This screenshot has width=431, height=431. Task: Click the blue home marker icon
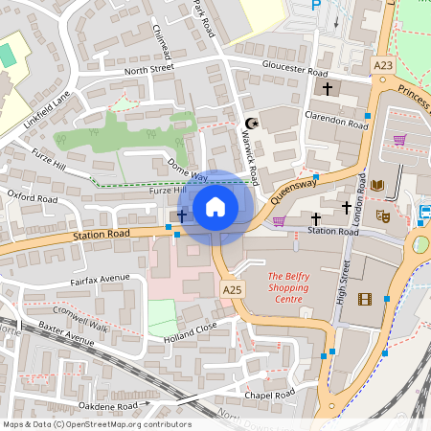pos(215,206)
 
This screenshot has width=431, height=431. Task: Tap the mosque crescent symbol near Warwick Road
pos(253,123)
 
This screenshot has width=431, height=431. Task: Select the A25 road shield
pos(233,288)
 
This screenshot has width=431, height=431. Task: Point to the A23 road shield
pos(382,65)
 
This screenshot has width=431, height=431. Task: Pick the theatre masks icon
pos(381,216)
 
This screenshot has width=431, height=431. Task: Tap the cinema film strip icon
pos(364,299)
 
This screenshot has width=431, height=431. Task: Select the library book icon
pos(376,184)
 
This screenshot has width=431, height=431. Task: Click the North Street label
pos(148,69)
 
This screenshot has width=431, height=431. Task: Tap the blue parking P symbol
pos(317,6)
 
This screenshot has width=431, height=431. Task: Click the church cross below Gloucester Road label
pos(328,89)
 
